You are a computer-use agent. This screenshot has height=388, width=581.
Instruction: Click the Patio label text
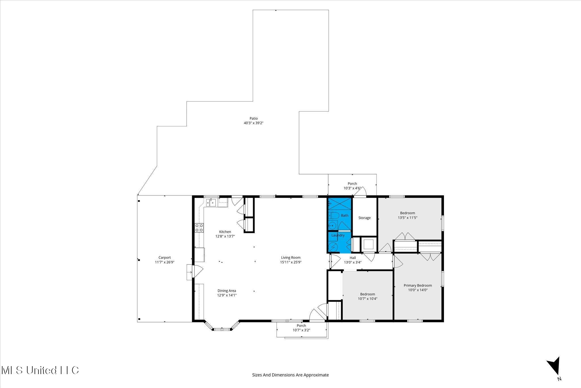253,118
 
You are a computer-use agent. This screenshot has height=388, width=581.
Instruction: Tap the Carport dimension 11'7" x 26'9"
165,262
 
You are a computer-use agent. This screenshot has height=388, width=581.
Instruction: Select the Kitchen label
225,232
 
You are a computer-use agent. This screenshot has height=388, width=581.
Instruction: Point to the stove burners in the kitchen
199,228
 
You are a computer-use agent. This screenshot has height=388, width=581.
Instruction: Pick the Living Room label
290,258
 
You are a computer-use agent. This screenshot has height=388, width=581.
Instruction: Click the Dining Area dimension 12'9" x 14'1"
227,295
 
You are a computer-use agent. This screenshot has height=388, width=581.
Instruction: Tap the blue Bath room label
344,216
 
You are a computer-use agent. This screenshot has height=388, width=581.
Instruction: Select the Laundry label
338,235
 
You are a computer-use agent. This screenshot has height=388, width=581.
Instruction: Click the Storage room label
364,218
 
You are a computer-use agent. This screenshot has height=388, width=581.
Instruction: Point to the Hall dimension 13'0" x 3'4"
352,262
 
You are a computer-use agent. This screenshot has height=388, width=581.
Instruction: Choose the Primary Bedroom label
418,285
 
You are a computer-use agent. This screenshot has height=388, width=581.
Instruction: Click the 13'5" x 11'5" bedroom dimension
407,218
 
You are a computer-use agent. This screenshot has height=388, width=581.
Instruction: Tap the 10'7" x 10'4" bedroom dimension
367,299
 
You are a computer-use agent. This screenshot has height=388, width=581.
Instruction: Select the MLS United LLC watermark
40,370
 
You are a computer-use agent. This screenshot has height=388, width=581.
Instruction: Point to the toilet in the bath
334,216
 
